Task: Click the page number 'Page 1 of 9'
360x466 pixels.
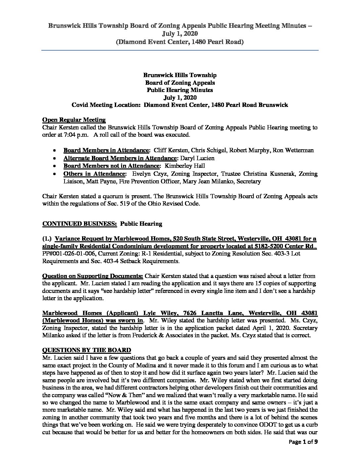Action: click(300, 450)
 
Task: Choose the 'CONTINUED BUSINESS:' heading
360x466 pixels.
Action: click(79, 223)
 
